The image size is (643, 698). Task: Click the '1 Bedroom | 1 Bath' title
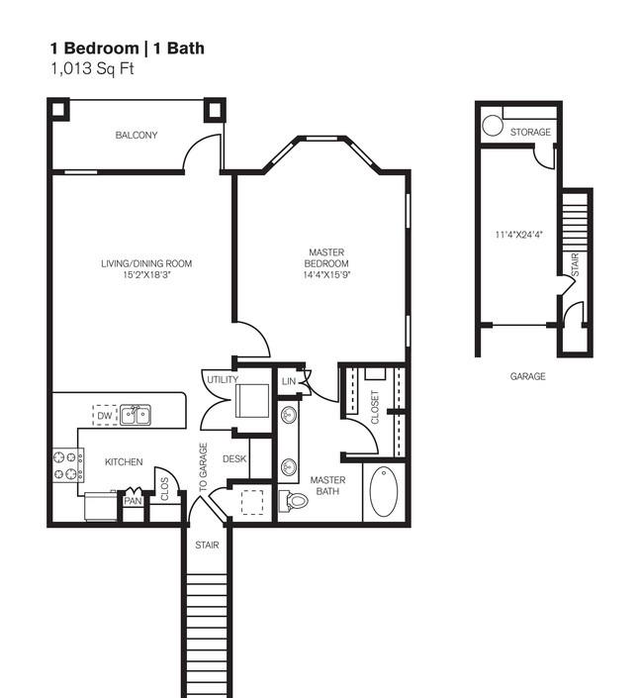click(128, 48)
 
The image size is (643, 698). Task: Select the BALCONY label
click(136, 136)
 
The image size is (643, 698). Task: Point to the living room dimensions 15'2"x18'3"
click(145, 274)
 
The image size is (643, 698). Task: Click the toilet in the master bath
click(295, 500)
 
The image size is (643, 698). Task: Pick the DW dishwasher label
click(104, 414)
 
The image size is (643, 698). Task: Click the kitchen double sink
click(136, 415)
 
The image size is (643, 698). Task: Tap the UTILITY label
click(221, 379)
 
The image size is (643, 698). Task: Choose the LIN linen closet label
click(289, 381)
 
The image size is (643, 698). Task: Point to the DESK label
click(234, 458)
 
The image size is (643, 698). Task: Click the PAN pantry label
click(133, 501)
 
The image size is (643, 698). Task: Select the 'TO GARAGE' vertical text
click(204, 467)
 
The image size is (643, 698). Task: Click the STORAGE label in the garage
click(530, 133)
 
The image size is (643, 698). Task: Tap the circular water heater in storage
click(492, 126)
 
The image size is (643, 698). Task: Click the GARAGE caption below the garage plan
click(527, 376)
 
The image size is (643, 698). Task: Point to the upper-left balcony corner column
click(58, 108)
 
